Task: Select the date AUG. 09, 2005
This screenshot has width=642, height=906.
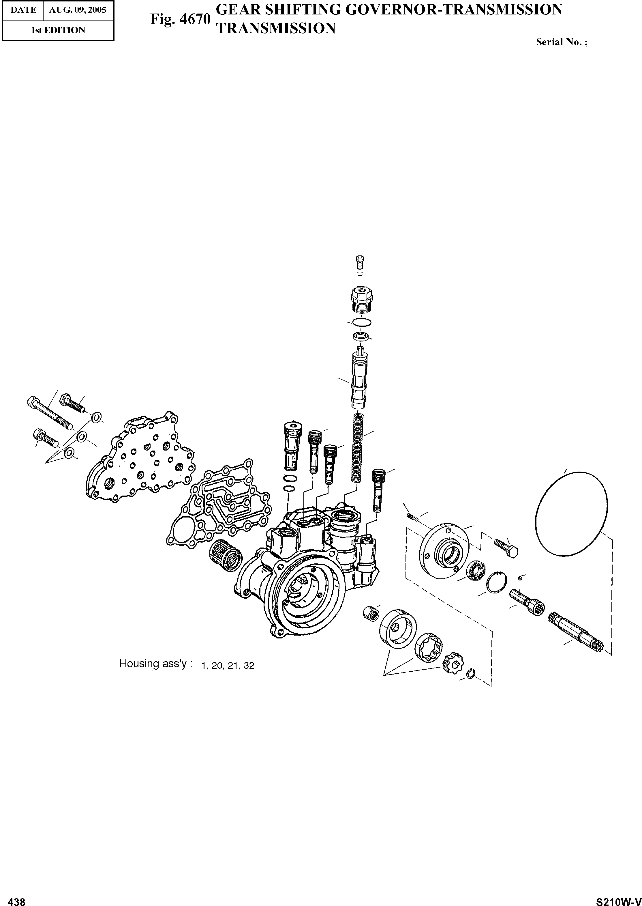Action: pyautogui.click(x=78, y=10)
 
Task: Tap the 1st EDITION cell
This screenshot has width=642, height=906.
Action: pyautogui.click(x=58, y=30)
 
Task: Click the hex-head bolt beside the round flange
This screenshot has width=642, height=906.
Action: pyautogui.click(x=507, y=548)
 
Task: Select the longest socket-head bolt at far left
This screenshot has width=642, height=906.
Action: pyautogui.click(x=49, y=413)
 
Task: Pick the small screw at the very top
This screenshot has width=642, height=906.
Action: pyautogui.click(x=360, y=262)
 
